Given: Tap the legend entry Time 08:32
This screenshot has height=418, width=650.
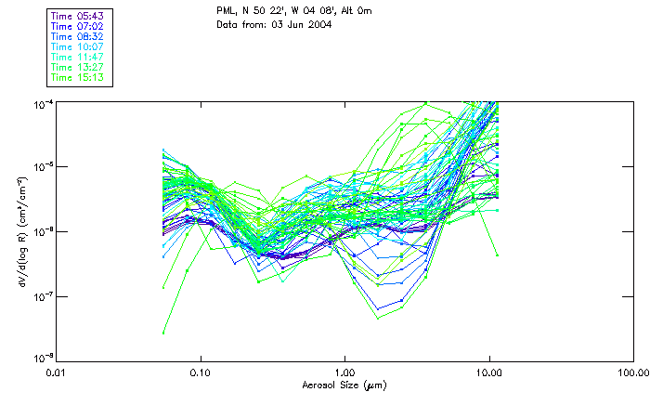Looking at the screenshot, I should click(78, 36).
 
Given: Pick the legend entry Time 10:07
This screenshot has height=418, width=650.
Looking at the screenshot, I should click(78, 45).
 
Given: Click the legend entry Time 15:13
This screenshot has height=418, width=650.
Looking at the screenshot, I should click(78, 78).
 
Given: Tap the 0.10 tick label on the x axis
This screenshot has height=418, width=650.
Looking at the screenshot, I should click(200, 372).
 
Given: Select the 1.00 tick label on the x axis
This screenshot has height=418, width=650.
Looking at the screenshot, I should click(344, 372).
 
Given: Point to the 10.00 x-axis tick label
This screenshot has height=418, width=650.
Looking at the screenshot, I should click(488, 372).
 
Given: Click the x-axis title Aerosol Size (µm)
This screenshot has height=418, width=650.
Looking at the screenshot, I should click(344, 384).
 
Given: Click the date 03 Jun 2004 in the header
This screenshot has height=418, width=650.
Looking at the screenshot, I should click(300, 24).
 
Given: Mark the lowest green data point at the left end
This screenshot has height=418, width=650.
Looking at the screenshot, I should click(164, 332).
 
